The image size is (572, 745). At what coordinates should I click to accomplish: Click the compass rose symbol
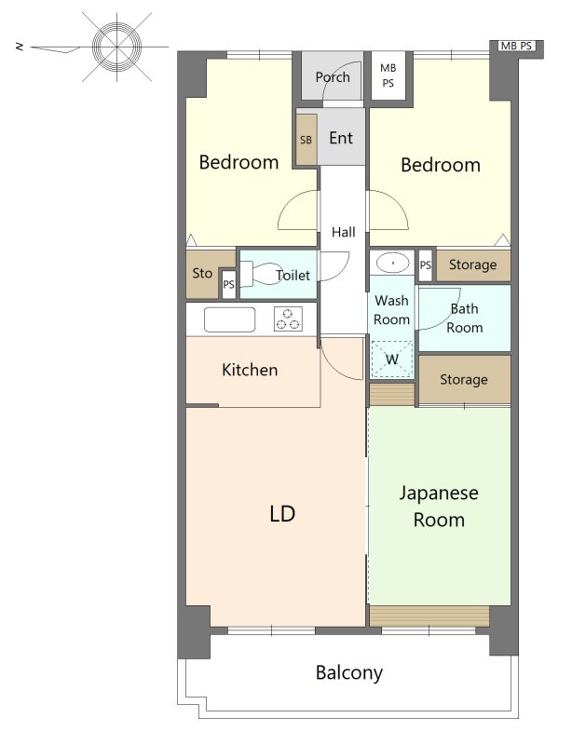click(x=116, y=47)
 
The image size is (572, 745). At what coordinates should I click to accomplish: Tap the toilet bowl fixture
click(x=261, y=274)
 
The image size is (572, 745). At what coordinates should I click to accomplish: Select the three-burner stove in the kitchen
click(x=288, y=318)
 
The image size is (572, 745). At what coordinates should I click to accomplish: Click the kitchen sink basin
click(x=229, y=319)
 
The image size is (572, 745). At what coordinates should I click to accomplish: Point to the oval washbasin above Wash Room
click(x=392, y=263)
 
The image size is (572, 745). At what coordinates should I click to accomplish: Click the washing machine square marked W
click(x=392, y=359)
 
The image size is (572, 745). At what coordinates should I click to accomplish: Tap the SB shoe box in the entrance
click(x=306, y=140)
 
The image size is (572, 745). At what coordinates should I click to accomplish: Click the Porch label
click(x=333, y=77)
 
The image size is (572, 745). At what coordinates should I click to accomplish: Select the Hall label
click(x=344, y=232)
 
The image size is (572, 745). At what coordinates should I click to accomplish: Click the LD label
click(x=282, y=514)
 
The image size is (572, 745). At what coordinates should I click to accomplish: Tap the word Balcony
click(x=349, y=673)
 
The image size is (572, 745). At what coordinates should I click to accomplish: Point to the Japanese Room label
click(x=439, y=507)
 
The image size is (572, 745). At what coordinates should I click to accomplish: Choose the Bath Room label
click(x=465, y=318)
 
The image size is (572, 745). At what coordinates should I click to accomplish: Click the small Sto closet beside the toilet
click(x=203, y=274)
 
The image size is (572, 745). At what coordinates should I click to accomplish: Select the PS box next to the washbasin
click(x=426, y=265)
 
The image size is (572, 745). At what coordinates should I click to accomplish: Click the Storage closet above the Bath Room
click(x=473, y=265)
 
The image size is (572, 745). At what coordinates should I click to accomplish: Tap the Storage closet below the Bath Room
click(x=464, y=380)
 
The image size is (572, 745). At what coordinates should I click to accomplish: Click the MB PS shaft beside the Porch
click(x=388, y=75)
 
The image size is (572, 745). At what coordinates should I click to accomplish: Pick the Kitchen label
click(x=250, y=370)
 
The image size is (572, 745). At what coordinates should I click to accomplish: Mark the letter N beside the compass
click(x=20, y=47)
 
